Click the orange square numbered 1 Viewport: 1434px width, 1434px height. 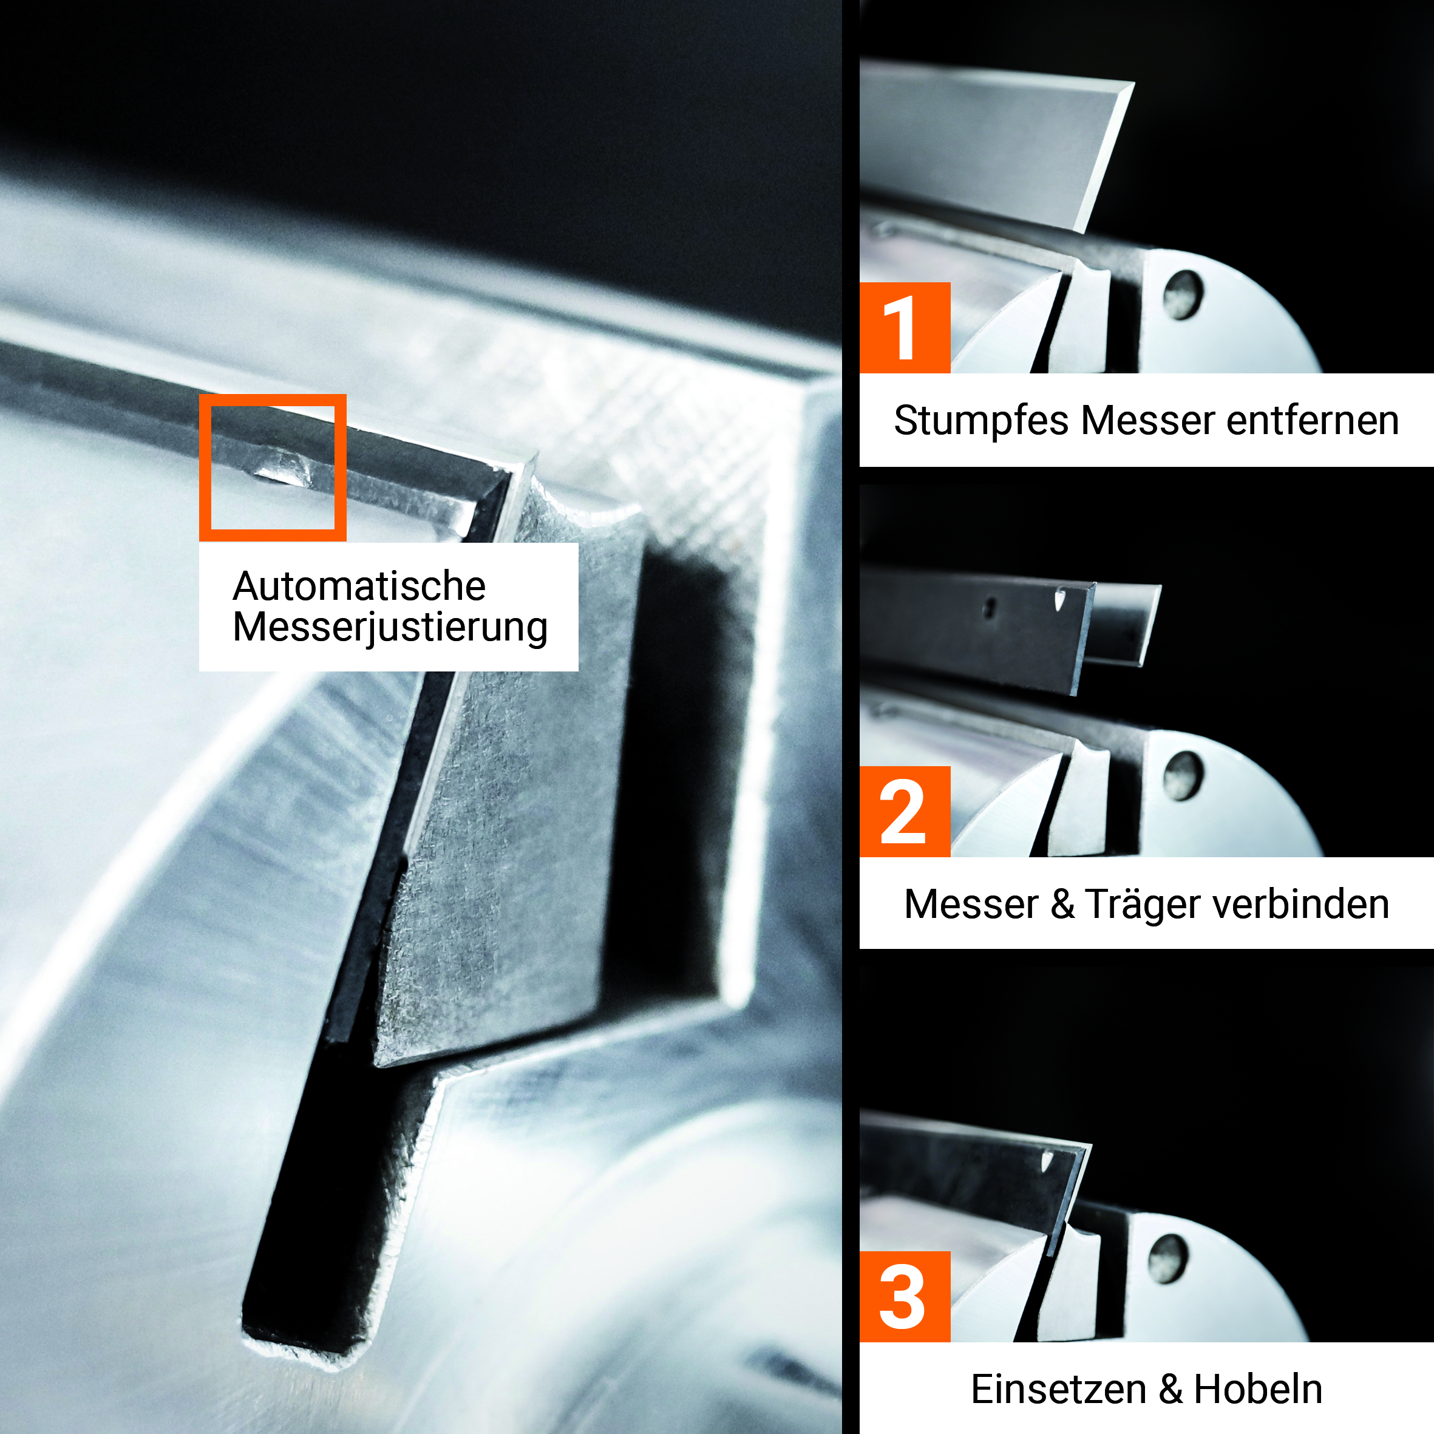tap(905, 327)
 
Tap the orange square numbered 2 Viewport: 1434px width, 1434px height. tap(905, 811)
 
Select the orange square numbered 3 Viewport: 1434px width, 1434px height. tap(905, 1297)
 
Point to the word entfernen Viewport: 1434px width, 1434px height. tap(1313, 421)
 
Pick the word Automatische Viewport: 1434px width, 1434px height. tap(359, 586)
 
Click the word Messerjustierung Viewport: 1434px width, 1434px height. tap(390, 627)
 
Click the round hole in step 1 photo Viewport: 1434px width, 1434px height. tap(1183, 294)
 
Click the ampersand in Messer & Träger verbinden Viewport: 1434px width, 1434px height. tap(1062, 904)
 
